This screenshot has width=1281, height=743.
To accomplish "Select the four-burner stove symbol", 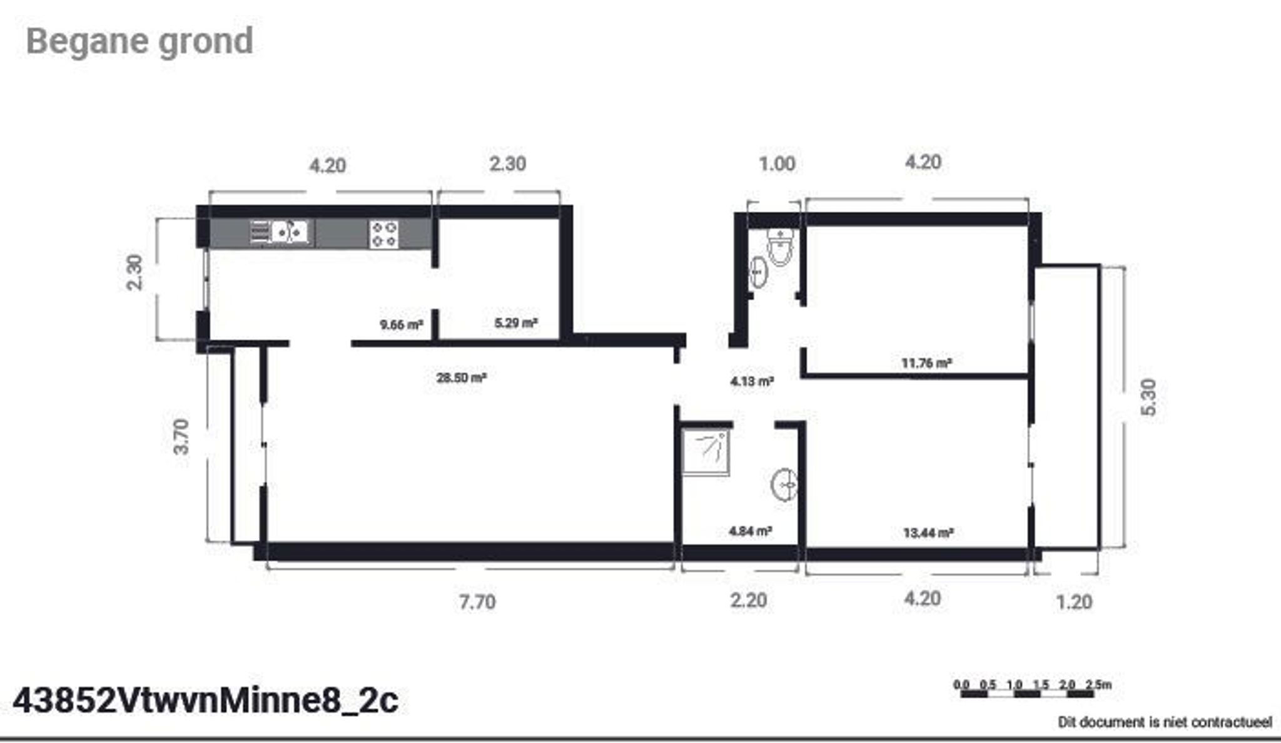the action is [384, 234].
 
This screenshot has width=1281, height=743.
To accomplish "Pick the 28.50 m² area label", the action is [462, 377].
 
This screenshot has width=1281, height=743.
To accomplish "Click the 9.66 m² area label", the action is [402, 325].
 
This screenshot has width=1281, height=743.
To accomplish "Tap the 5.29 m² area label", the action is [516, 323].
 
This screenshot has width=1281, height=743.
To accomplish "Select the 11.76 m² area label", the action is [926, 362].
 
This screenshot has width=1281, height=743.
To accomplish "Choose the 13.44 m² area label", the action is [928, 533].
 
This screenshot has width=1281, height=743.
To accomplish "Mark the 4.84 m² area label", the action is [750, 531].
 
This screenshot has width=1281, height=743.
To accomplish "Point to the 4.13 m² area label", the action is [752, 381].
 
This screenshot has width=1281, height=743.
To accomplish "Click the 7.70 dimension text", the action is [477, 602].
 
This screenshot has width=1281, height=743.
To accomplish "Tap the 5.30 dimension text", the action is [1149, 397].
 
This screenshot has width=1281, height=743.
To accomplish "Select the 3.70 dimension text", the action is [181, 436].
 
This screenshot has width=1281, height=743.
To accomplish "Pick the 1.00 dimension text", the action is [777, 164].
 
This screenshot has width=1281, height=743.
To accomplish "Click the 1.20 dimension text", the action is [1074, 602].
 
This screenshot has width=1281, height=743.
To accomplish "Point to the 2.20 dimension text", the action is [748, 600].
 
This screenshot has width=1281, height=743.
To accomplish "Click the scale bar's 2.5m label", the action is [1099, 685].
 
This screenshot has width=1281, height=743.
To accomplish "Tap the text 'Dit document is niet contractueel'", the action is [1165, 722].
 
